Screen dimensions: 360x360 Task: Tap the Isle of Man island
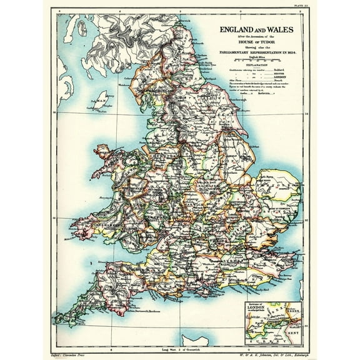[99, 99]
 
